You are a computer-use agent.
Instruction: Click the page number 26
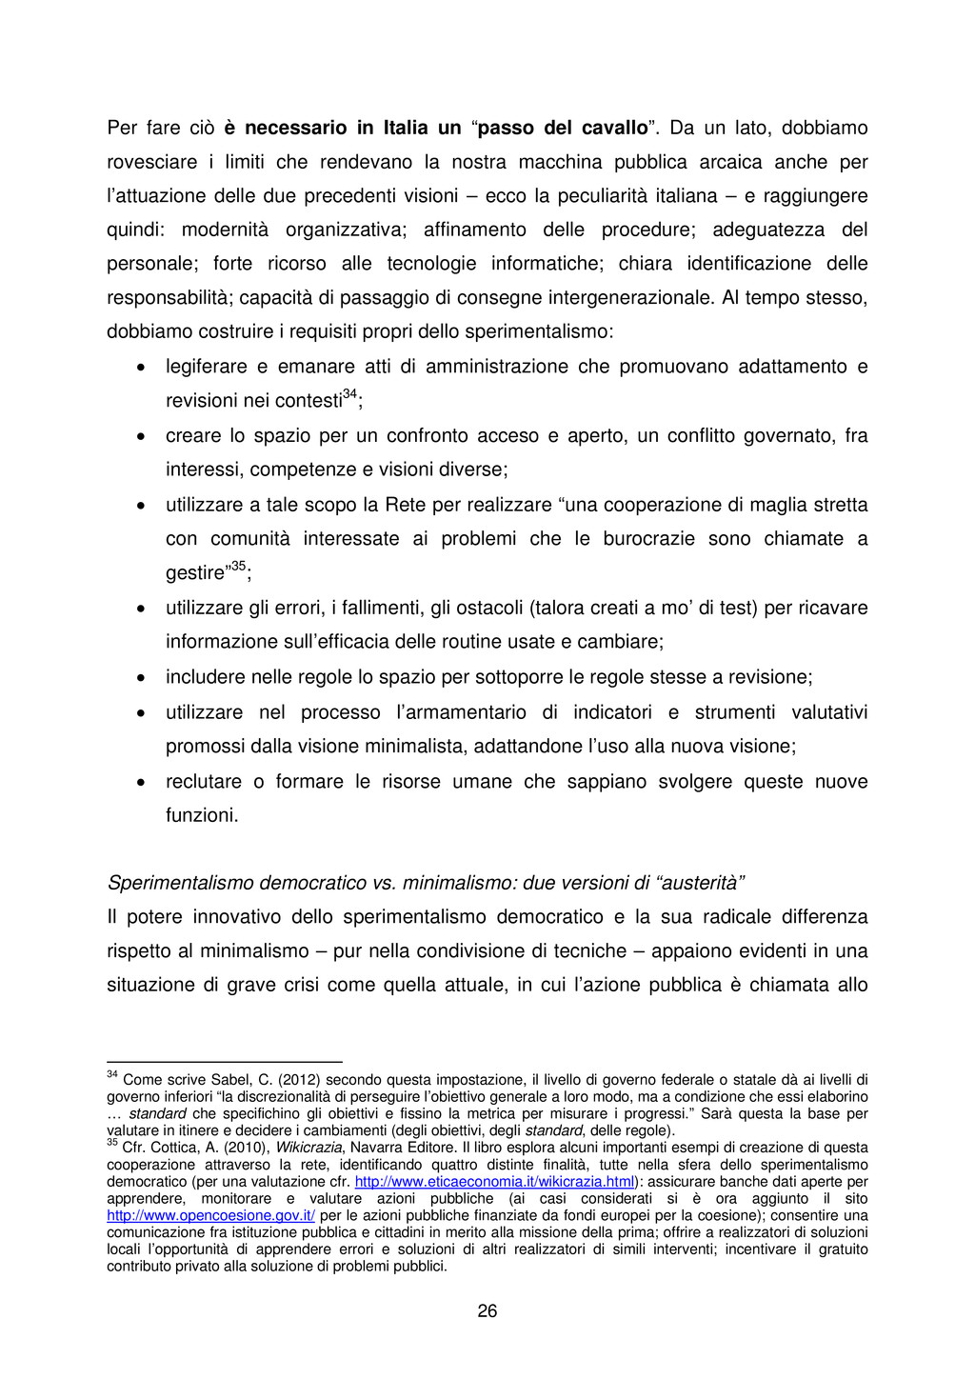(487, 1311)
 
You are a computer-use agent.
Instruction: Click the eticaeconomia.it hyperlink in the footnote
(494, 1182)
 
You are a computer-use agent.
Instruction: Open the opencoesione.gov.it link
(210, 1216)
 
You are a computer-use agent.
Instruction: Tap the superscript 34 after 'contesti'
(349, 394)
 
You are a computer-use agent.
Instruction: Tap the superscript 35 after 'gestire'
(238, 567)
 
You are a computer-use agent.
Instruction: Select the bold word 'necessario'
(295, 128)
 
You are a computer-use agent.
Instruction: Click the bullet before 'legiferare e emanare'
(140, 368)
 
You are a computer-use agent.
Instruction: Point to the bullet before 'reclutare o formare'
(140, 783)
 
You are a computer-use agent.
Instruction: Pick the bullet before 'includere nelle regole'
(140, 678)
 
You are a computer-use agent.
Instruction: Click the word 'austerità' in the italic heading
(700, 883)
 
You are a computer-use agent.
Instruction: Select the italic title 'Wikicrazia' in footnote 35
(308, 1148)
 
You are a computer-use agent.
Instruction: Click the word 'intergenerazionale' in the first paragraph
(629, 298)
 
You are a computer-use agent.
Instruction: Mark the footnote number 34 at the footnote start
(111, 1075)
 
